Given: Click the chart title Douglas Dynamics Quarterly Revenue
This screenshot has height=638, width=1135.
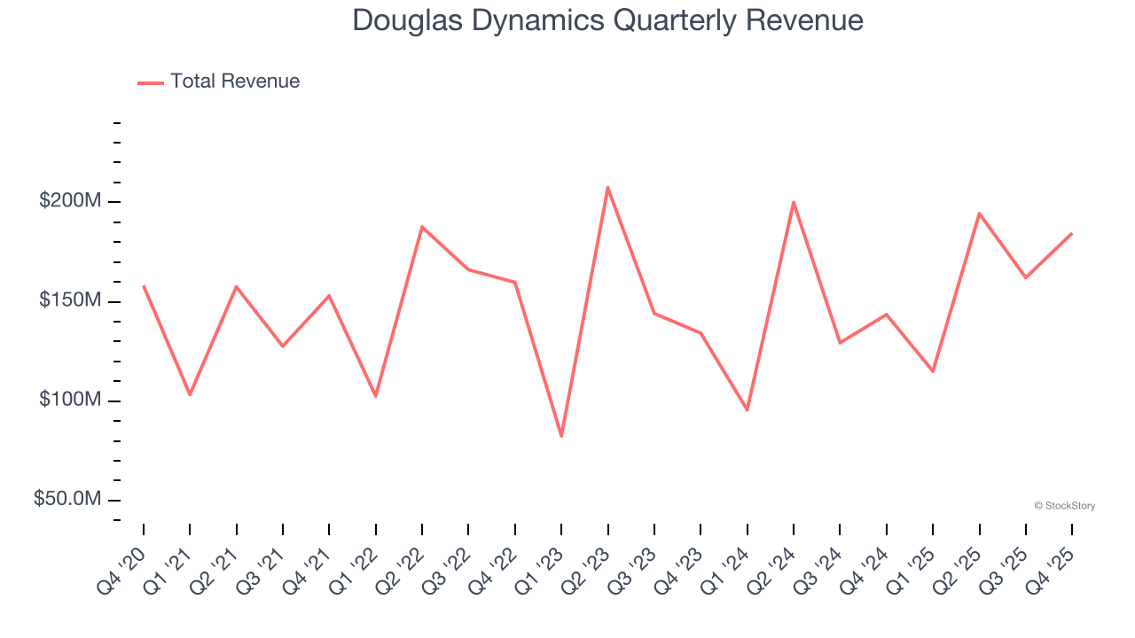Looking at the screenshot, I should coord(607,19).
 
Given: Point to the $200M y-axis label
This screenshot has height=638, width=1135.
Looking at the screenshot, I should coord(70,201).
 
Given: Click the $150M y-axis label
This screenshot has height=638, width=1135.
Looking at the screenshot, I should coord(70,301).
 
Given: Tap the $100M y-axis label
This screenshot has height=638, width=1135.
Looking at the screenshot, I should coord(70,401).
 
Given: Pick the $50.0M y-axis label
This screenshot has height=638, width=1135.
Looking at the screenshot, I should coord(67,500).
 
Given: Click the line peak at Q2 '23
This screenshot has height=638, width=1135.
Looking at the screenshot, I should coord(607,187).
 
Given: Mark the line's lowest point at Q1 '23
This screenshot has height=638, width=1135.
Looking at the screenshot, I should coord(561,436).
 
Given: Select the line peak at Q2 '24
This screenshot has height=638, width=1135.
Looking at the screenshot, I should coord(794,202).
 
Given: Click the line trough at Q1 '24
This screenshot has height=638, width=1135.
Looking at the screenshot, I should coord(748,409).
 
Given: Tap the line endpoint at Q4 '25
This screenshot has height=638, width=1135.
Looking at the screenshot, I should coord(1072,234).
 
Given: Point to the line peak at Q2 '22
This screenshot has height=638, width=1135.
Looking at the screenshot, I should coord(422,227).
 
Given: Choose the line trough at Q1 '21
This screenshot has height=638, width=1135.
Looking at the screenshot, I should coord(190,394).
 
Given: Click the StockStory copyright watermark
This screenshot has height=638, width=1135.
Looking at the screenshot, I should coord(1064,506).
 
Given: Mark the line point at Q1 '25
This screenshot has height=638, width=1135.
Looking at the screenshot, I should coord(933,371).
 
